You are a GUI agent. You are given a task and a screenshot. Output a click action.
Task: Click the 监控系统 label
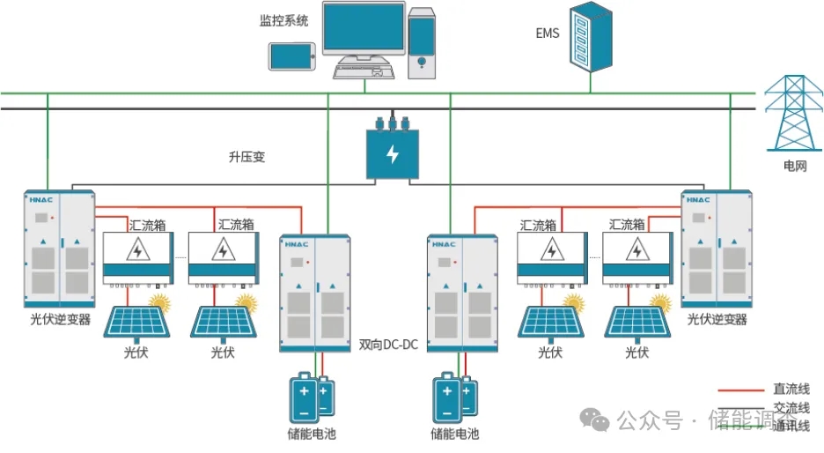click(x=283, y=20)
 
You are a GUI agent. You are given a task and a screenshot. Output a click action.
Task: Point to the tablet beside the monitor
click(x=291, y=56)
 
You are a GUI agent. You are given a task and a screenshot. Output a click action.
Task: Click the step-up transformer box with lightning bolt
click(x=392, y=152)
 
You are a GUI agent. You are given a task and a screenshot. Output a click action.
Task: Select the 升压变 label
click(x=246, y=158)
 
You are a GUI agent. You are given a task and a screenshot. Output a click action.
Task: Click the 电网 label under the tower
click(x=795, y=166)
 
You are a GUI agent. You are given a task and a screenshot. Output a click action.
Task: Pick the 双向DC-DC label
click(x=388, y=344)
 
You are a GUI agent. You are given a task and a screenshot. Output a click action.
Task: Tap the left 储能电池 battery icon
click(x=311, y=397)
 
